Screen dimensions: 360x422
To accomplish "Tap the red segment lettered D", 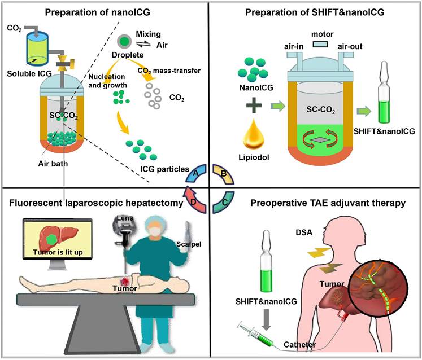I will pyautogui.click(x=195, y=202).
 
